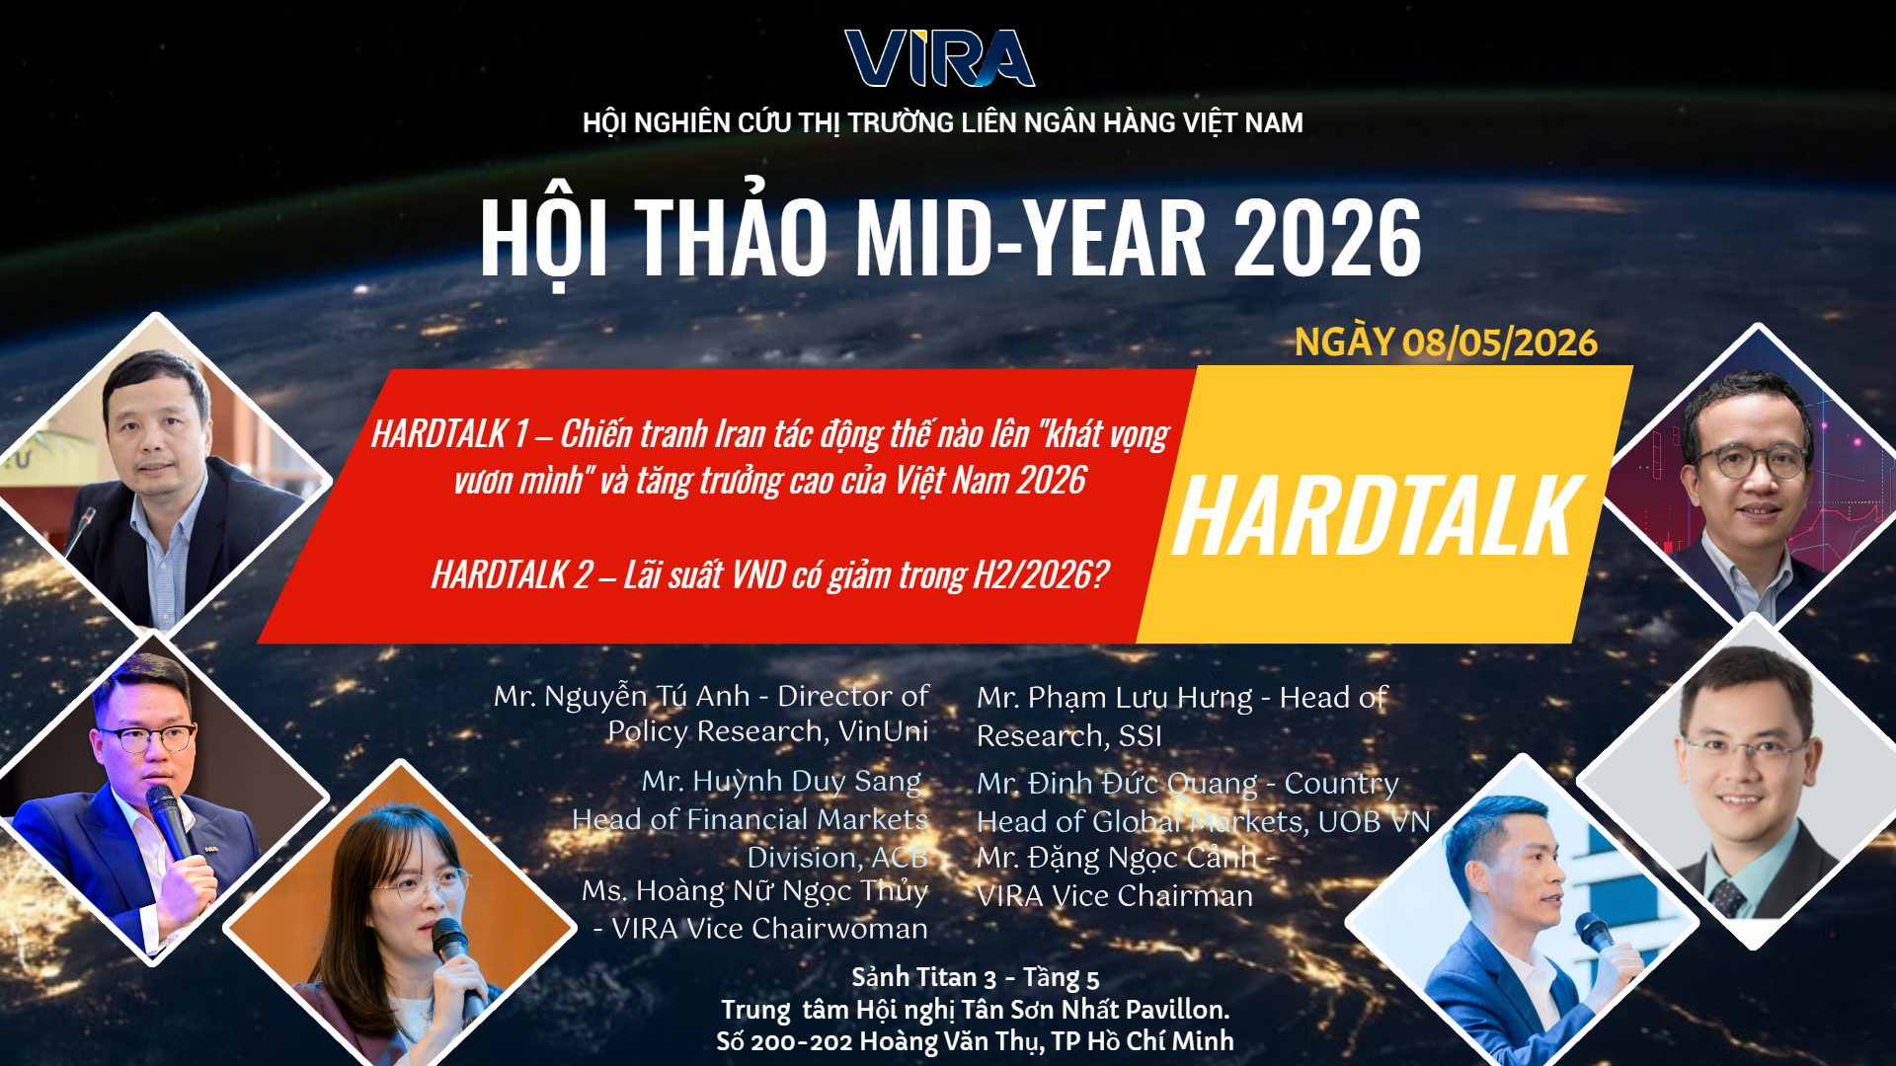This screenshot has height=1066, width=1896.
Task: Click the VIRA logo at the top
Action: coord(939,58)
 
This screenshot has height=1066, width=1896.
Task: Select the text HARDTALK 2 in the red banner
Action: coord(513,574)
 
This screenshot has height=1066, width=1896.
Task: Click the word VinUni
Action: coord(883,731)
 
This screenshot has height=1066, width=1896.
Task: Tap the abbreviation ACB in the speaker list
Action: coord(899,858)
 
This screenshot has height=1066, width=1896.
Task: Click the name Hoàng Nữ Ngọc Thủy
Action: coord(781,890)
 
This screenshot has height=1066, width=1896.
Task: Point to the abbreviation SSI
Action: coord(1140,736)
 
